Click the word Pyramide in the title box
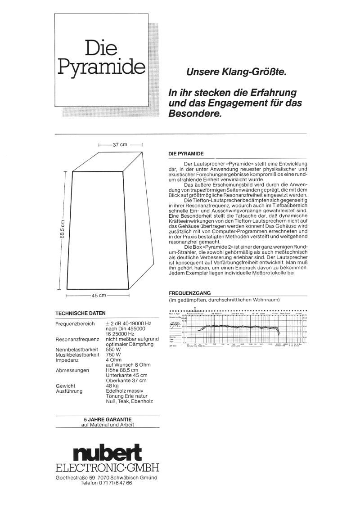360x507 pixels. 101,67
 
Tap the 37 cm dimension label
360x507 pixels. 120,145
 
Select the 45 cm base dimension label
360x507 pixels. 99,296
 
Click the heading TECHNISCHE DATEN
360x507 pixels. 80,313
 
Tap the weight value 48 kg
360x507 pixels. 112,386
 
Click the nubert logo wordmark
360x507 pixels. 107,451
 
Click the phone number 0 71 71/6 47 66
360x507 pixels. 113,483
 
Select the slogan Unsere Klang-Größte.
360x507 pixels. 236,72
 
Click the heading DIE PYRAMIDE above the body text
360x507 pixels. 186,154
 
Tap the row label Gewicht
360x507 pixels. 65,386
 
